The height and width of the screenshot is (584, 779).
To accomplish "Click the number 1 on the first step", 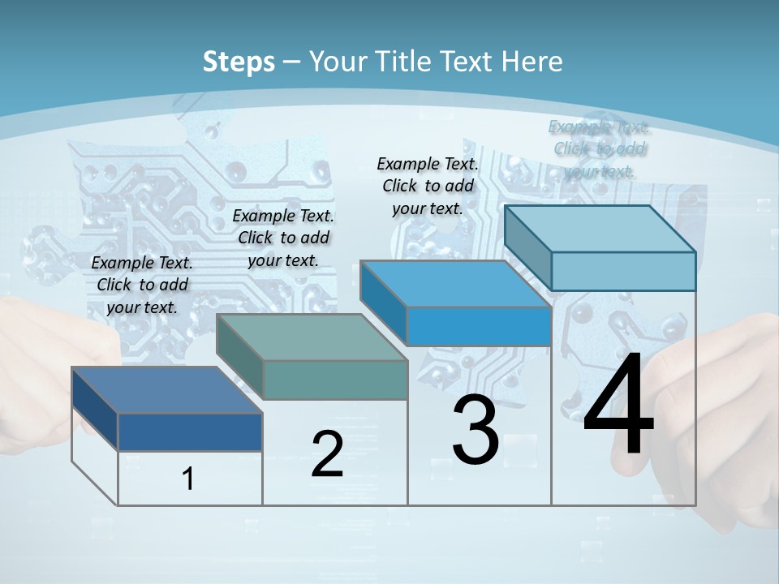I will pos(188,479).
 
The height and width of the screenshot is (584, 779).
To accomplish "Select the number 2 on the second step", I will pos(327,453).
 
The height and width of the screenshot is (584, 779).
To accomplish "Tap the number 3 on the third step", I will pos(476,431).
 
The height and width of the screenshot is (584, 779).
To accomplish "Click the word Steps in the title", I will pos(239,62).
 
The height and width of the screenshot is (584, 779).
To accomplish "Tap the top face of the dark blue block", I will pos(167,390).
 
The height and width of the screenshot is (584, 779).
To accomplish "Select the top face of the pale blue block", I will pos(600,229).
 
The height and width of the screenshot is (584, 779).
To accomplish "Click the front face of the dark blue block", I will pos(190,432).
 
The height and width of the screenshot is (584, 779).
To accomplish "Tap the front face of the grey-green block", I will pos(335,380).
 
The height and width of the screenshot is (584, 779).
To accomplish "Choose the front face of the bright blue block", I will pos(479,326).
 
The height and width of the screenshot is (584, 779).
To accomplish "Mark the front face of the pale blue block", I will pos(623,271).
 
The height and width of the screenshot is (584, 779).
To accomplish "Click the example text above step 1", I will pos(142,285).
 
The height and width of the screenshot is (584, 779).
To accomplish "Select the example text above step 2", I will pos(283,238).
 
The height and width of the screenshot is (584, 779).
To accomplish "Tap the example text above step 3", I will pos(428,186).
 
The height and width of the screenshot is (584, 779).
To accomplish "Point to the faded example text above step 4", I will pos(600,148).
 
